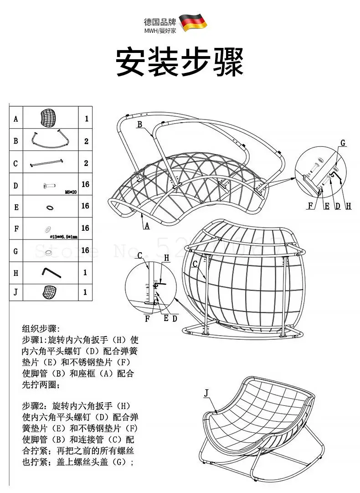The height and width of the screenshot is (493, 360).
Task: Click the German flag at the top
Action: pos(193,22)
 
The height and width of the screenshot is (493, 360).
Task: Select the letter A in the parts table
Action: pos(16,119)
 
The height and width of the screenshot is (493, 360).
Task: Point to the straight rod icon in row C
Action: pos(46,163)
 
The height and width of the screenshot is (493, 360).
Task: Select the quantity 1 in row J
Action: pos(85,292)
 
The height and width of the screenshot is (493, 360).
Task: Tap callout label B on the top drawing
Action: pos(140,124)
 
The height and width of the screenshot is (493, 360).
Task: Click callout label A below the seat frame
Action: pos(147,225)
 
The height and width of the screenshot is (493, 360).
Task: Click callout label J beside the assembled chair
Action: pos(206,392)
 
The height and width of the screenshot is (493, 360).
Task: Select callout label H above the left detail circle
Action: pos(166,258)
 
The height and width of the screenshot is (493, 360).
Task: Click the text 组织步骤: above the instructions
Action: pos(41,328)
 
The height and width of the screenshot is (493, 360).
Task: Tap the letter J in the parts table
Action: pos(16,292)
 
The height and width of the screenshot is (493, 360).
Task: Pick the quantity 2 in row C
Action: pos(86,163)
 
